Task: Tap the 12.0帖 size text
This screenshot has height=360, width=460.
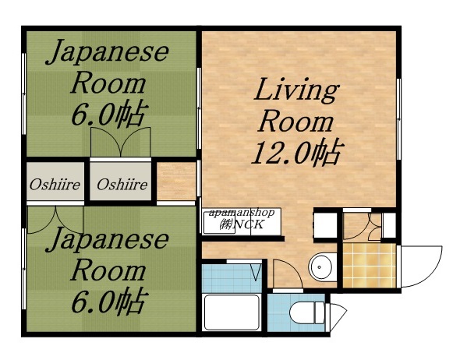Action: click(295, 153)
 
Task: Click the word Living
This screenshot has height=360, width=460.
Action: click(297, 91)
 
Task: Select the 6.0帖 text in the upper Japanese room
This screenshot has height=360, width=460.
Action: click(108, 115)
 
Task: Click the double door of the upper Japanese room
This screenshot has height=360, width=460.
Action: click(119, 143)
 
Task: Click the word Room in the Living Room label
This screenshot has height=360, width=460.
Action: click(295, 122)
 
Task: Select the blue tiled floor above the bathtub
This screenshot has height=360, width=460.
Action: click(230, 276)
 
